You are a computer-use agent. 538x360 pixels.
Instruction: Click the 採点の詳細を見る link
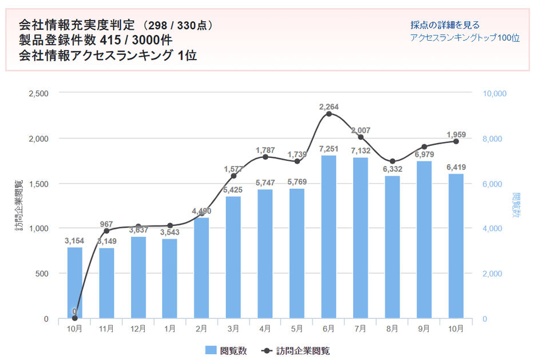coord(445,25)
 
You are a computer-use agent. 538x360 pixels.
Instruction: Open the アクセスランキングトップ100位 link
coord(465,38)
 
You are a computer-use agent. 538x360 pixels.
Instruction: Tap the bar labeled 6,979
coord(424,240)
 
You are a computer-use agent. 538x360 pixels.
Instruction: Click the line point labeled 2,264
coord(329,114)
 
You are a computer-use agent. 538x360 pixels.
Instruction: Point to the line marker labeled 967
coord(106,231)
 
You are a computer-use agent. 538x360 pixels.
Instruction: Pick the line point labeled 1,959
coord(456,141)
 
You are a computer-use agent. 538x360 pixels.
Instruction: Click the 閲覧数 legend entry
coord(226,351)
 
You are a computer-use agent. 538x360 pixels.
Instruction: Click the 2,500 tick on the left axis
coord(38,93)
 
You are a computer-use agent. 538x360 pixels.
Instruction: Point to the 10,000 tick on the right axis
coord(495,93)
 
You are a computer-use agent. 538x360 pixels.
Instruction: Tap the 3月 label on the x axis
coord(233,330)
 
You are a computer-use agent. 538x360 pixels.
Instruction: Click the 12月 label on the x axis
coord(138,330)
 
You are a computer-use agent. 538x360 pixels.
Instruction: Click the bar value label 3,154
coord(75,241)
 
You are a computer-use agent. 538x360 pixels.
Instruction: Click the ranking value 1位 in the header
coord(187,56)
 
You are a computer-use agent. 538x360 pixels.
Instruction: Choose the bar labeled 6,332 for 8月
coord(392,247)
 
